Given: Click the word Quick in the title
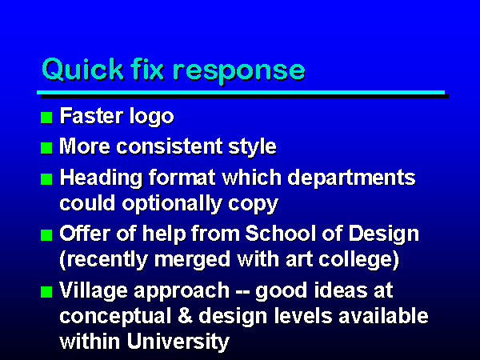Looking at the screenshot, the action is (82, 70).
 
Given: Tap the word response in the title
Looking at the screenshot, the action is (238, 72).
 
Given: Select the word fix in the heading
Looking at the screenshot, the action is (147, 69).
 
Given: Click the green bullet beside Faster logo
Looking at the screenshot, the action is (46, 118).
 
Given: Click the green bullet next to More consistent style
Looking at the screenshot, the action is (46, 148).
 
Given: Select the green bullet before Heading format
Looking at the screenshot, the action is (46, 179).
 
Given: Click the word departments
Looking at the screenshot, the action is (351, 178).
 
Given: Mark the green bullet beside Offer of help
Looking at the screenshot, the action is (46, 235).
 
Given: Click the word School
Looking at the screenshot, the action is (281, 234).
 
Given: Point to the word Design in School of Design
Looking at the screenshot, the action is (383, 234).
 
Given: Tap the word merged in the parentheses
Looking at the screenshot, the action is (192, 260).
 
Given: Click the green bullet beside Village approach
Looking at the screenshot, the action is (46, 292).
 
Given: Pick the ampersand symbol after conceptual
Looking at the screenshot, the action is (186, 316).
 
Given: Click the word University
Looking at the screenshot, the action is (178, 342).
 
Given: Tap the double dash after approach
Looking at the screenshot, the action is (242, 292).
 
